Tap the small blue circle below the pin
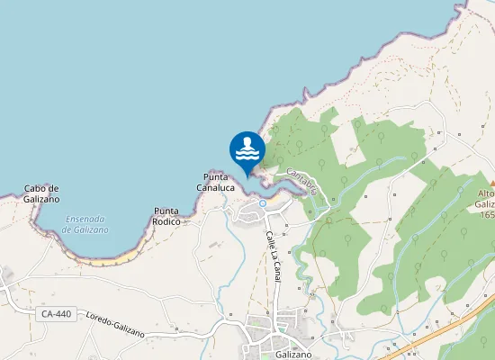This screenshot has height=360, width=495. click(262, 203)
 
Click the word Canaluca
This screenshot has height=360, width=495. click(216, 188)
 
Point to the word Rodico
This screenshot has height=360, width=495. click(166, 221)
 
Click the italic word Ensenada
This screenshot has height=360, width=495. click(85, 219)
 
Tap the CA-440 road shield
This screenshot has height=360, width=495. click(56, 314)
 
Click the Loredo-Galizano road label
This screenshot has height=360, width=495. click(114, 323)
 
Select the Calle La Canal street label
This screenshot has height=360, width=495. click(272, 256)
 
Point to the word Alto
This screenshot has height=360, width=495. click(486, 194)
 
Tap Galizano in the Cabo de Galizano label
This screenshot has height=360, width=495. click(40, 198)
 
